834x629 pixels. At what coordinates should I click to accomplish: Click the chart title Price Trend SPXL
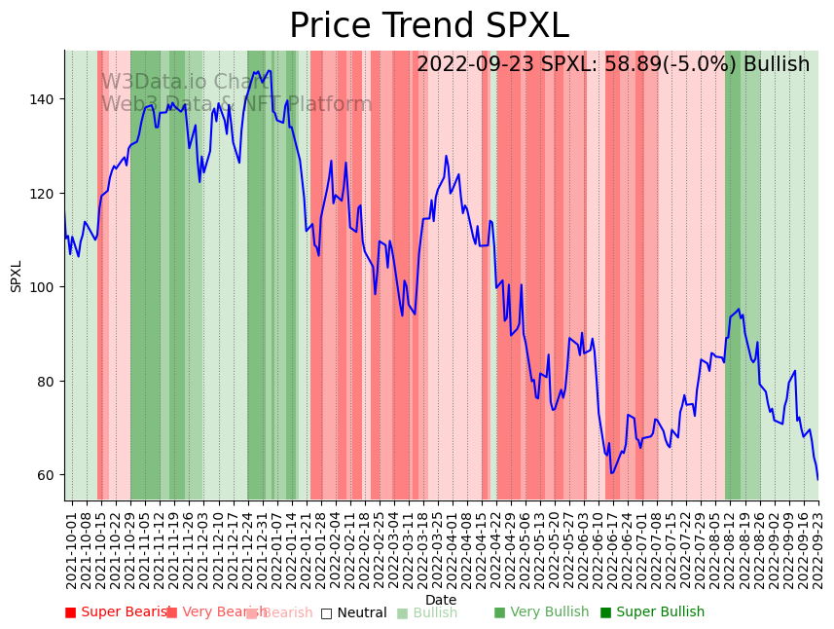428,26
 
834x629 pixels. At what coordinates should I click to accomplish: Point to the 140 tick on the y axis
47,99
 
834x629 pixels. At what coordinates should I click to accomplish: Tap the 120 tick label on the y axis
47,193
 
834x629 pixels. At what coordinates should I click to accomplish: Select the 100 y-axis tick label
47,287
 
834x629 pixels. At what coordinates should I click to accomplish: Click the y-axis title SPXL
17,276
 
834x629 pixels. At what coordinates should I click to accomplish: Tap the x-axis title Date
441,600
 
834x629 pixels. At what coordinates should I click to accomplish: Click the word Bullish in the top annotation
776,64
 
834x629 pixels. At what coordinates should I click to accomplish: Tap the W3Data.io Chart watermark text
185,82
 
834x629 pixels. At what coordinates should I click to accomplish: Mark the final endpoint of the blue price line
817,479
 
